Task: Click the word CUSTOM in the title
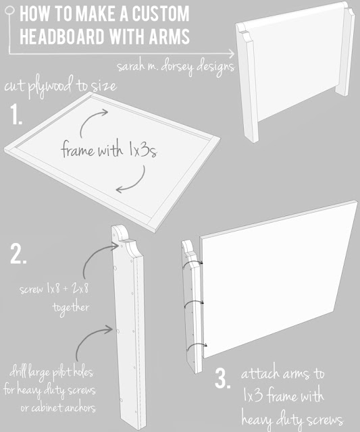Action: (x=161, y=13)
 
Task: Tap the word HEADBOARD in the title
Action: (x=62, y=36)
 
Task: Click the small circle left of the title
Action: (x=9, y=11)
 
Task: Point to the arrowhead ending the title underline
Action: (x=231, y=53)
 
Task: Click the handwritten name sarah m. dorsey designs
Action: (x=176, y=67)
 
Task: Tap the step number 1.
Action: (x=16, y=115)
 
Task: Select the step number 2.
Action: (x=18, y=254)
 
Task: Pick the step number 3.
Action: (x=222, y=379)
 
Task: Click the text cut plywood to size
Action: (x=60, y=86)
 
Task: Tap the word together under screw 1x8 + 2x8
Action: (x=71, y=308)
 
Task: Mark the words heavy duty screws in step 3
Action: (x=292, y=420)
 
